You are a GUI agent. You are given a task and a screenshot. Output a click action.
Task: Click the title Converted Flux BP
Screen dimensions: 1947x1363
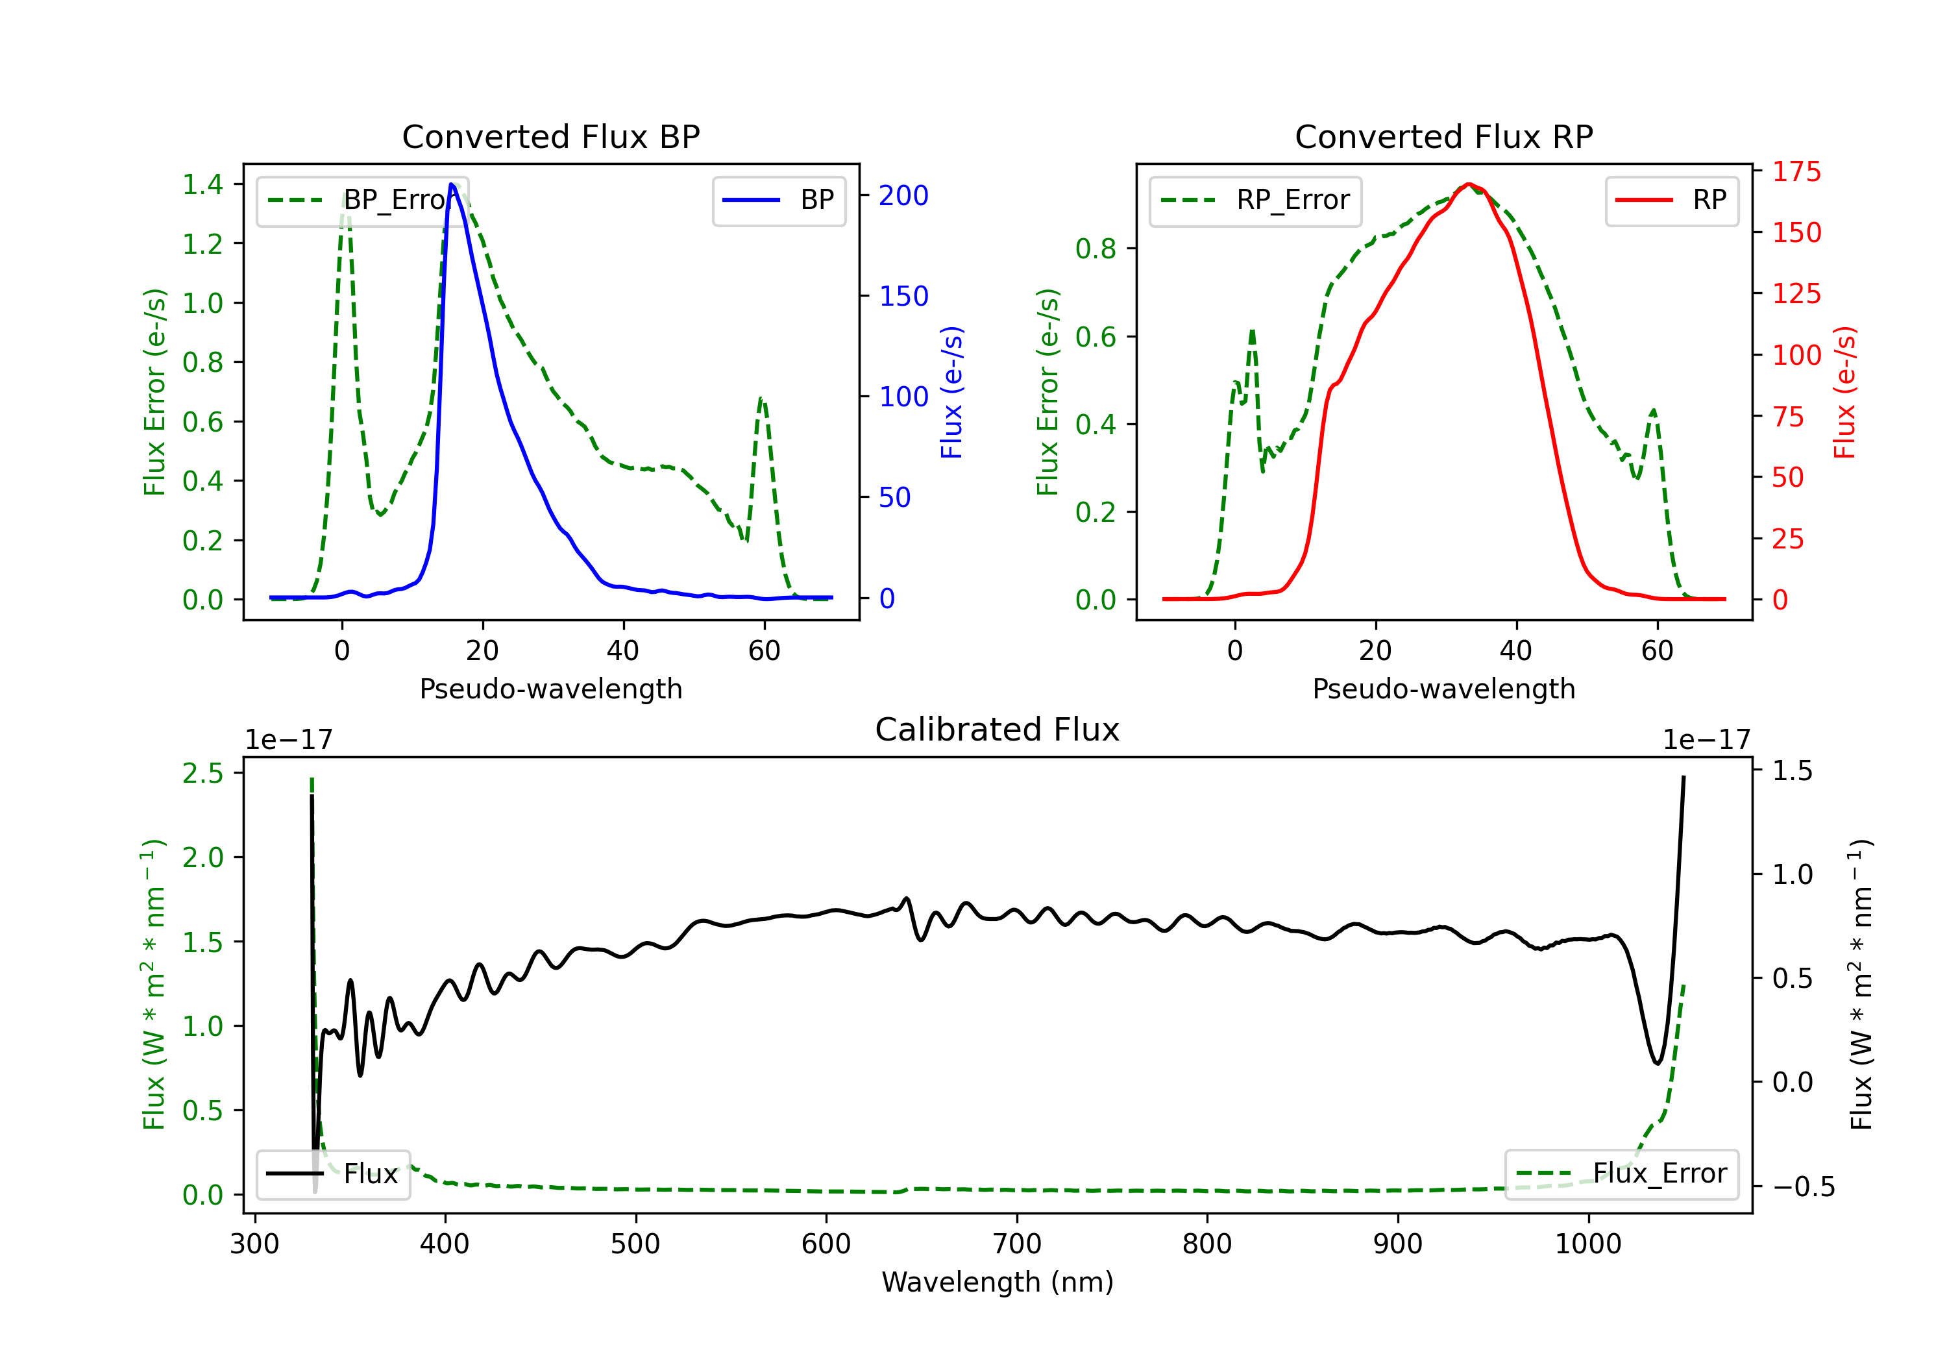click(550, 136)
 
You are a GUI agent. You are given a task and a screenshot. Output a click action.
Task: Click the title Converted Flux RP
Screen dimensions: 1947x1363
click(1443, 136)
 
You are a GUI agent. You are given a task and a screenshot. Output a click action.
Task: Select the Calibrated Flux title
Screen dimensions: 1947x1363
click(998, 730)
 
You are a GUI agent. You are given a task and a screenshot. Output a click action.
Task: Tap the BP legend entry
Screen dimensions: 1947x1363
click(778, 200)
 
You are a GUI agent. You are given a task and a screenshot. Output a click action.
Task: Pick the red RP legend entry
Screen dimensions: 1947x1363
click(1671, 200)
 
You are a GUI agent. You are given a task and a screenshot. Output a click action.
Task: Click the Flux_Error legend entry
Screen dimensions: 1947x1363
click(1621, 1174)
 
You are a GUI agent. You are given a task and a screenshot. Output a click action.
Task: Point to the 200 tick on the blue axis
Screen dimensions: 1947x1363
click(903, 196)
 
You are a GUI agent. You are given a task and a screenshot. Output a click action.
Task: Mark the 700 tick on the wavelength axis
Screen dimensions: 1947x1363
click(1017, 1244)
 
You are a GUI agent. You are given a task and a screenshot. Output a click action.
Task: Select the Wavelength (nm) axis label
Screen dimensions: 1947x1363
click(998, 1283)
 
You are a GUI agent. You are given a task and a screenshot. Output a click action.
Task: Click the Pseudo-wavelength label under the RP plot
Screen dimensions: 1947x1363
click(1443, 689)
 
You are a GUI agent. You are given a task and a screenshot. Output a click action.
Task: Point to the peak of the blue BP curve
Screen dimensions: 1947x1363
click(452, 184)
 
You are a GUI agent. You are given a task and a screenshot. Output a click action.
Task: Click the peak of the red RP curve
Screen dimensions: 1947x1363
click(1469, 184)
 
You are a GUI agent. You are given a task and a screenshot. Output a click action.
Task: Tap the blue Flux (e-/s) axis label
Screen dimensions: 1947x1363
click(951, 393)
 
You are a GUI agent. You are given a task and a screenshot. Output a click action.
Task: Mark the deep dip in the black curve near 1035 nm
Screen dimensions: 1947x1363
click(1657, 1062)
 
